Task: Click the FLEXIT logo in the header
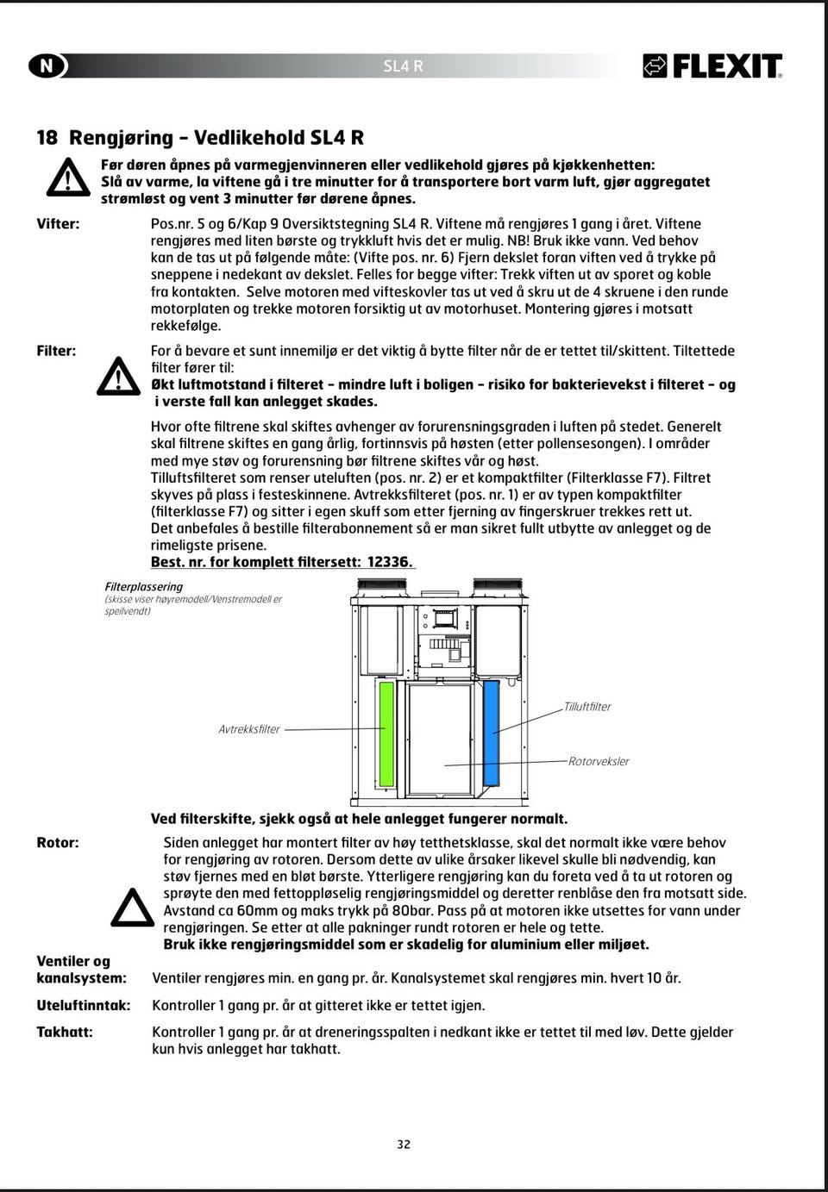pos(712,66)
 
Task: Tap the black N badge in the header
pos(47,66)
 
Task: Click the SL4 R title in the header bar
pos(403,66)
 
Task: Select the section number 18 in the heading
pos(47,138)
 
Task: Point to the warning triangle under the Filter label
pos(118,376)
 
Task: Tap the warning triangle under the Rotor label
pos(133,907)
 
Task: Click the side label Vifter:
pos(58,224)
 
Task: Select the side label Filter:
pos(56,351)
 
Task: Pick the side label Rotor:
pos(58,843)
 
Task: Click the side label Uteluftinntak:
pos(84,1005)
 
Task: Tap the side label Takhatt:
pos(65,1032)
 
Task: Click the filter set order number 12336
pos(389,562)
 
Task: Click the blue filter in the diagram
pos(492,732)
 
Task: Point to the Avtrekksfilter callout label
pos(249,729)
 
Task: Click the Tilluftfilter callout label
pos(587,707)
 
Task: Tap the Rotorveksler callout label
pos(599,762)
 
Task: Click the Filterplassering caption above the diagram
pos(144,587)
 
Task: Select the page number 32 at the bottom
pos(404,1145)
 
